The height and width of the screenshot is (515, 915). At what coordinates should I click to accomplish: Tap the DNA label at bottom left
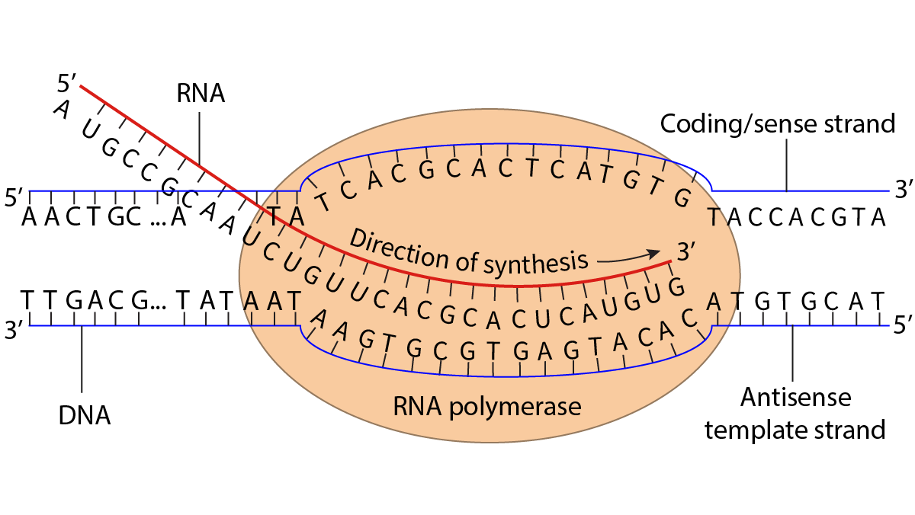(84, 416)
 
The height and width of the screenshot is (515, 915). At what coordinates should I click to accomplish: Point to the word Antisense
(795, 397)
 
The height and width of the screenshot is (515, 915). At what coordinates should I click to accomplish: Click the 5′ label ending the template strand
(901, 328)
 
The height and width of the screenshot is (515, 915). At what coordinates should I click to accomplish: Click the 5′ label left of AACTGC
(14, 197)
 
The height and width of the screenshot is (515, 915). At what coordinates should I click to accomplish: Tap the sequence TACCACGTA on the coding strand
(795, 218)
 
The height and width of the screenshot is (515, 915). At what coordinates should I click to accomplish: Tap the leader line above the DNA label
(82, 362)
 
